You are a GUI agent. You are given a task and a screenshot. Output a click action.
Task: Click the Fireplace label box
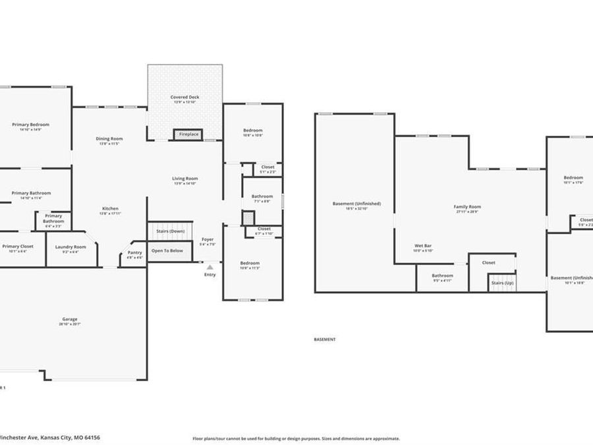click(188, 134)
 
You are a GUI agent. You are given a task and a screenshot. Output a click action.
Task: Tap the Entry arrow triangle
click(210, 267)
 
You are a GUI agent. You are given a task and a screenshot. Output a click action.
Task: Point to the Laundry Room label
click(71, 247)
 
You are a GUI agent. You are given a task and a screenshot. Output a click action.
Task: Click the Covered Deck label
click(184, 98)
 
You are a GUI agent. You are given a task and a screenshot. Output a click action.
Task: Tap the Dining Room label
click(109, 138)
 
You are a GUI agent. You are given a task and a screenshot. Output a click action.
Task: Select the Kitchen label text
click(109, 208)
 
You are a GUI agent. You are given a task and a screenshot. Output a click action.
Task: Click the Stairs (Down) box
click(170, 231)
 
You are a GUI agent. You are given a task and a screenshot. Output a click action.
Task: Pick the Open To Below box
click(167, 251)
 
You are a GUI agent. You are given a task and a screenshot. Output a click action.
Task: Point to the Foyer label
click(208, 239)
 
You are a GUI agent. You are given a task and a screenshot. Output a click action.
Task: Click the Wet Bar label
click(423, 246)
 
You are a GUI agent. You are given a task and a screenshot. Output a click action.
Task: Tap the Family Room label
click(467, 207)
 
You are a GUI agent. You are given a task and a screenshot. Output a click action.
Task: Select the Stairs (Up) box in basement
click(502, 282)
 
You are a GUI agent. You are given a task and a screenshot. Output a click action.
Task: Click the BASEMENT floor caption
click(324, 340)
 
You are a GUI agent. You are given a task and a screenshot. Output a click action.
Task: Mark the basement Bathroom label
click(442, 276)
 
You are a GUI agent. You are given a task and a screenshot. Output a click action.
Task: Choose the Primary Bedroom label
click(30, 124)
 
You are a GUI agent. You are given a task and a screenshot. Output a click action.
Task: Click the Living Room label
click(185, 179)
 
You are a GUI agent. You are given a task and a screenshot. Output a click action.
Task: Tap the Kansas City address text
click(49, 437)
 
